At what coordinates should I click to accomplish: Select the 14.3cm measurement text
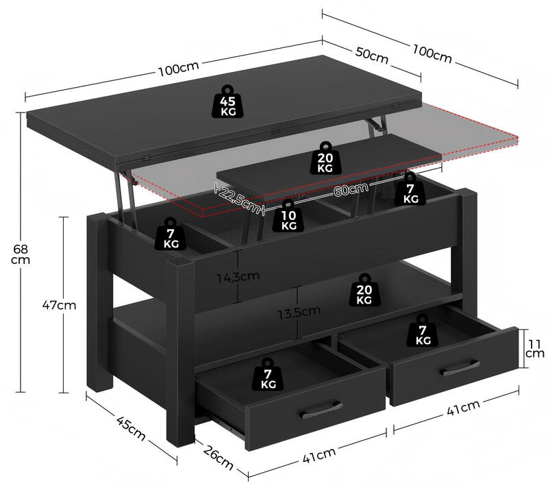tap(236, 277)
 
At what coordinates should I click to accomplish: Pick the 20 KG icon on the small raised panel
tap(325, 158)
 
